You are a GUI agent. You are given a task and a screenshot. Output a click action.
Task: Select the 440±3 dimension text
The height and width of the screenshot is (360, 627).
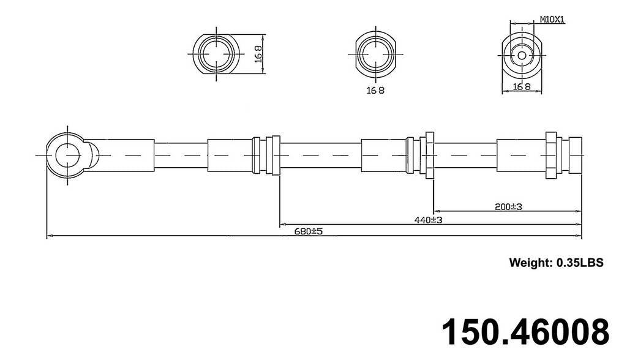(429, 220)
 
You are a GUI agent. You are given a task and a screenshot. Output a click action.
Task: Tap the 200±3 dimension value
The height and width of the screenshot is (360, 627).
(508, 207)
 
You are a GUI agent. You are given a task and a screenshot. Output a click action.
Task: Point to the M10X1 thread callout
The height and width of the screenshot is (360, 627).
(552, 20)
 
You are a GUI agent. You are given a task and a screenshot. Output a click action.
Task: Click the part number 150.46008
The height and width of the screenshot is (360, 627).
(525, 331)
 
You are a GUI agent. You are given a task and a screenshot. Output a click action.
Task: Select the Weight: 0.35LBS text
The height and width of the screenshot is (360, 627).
(556, 263)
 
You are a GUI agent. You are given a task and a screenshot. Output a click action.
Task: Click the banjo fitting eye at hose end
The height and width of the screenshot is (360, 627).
(67, 156)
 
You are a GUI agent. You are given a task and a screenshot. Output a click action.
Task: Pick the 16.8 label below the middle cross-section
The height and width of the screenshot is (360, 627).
(375, 91)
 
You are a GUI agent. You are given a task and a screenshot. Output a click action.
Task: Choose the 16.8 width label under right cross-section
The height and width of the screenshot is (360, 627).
(522, 87)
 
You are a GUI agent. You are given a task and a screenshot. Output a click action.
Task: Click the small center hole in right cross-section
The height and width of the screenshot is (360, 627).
(522, 55)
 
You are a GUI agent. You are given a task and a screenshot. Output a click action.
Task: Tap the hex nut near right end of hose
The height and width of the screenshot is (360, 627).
(550, 156)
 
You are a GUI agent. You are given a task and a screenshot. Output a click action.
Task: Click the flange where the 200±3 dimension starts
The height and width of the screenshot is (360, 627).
(429, 156)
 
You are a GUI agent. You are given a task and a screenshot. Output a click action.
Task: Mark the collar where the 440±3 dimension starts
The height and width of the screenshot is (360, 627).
(276, 156)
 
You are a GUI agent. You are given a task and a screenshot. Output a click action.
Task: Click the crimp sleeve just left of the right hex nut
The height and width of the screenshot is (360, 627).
(520, 156)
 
